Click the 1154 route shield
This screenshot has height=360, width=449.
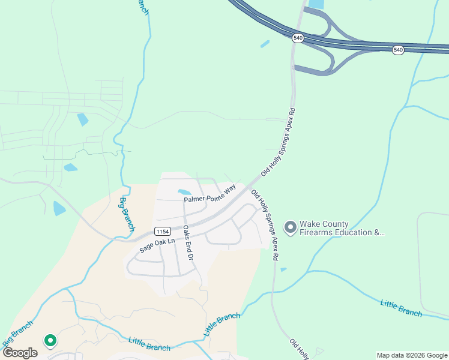[x=162, y=231]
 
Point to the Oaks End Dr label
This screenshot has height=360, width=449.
[x=188, y=242]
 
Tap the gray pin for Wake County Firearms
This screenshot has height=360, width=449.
[x=291, y=227]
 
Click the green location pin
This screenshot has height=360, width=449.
[x=50, y=340]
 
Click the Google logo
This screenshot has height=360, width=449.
[x=20, y=353]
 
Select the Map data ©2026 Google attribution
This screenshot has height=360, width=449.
[x=411, y=355]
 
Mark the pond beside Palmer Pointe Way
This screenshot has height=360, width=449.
[x=184, y=192]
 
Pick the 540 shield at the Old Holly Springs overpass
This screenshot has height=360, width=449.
[x=298, y=38]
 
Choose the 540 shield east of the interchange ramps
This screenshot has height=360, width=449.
[x=398, y=50]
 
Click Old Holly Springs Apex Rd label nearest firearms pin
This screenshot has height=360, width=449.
[x=265, y=224]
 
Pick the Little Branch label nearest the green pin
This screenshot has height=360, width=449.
[x=149, y=344]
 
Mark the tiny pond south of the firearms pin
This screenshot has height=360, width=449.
[x=283, y=269]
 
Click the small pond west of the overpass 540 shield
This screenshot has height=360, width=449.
[x=265, y=44]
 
